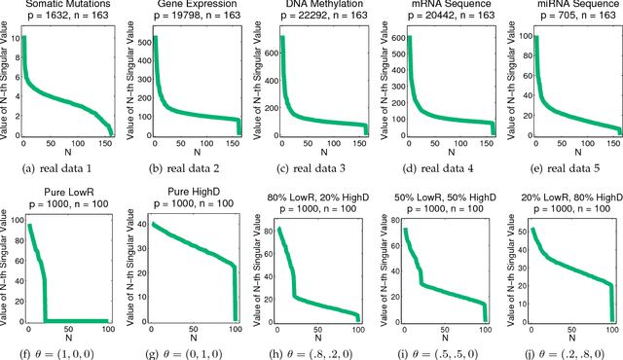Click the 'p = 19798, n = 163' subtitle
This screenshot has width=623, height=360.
(x=190, y=19)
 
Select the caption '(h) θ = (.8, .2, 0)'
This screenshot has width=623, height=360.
(x=313, y=349)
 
